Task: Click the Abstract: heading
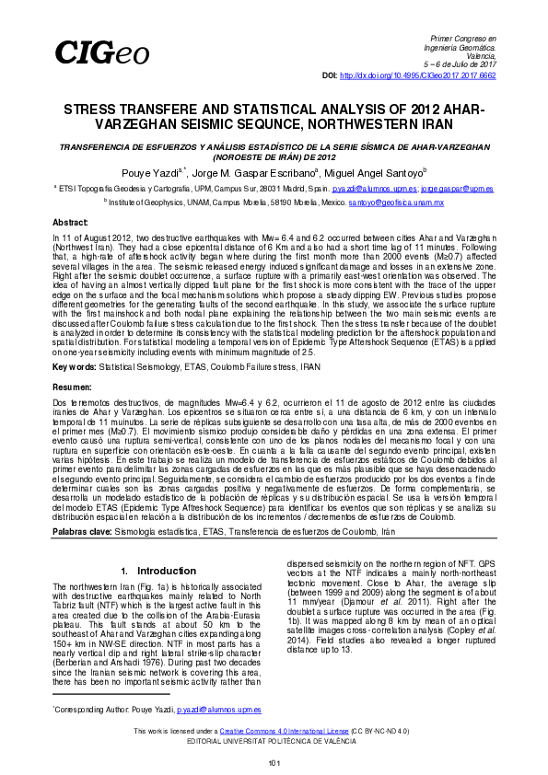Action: pos(70,223)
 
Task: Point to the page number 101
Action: pos(274,763)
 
